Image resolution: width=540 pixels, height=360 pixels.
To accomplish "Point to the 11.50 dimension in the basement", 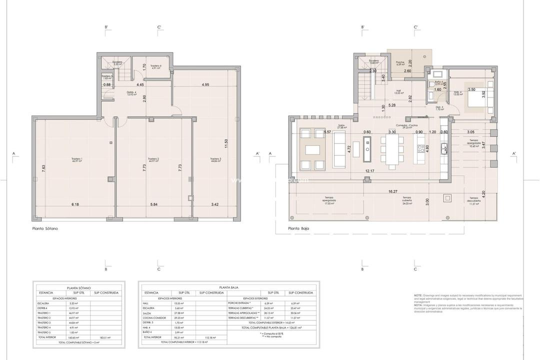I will click(x=226, y=143).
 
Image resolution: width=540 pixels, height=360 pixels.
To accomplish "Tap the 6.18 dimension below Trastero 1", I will click(x=75, y=204).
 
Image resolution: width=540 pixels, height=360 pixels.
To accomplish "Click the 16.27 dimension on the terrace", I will click(x=392, y=191).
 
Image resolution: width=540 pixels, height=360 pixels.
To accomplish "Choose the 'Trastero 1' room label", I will click(x=77, y=160).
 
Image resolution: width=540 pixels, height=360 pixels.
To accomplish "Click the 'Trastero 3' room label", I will click(x=216, y=160).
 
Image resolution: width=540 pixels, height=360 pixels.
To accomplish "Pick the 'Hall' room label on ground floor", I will click(x=398, y=91).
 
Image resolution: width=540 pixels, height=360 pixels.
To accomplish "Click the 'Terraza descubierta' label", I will click(x=473, y=199).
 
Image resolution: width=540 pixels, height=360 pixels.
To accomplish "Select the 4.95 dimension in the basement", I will click(x=205, y=85).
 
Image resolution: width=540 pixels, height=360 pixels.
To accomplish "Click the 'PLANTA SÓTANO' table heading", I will click(x=78, y=288).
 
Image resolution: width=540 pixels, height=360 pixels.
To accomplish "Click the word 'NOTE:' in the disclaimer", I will click(x=418, y=295).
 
